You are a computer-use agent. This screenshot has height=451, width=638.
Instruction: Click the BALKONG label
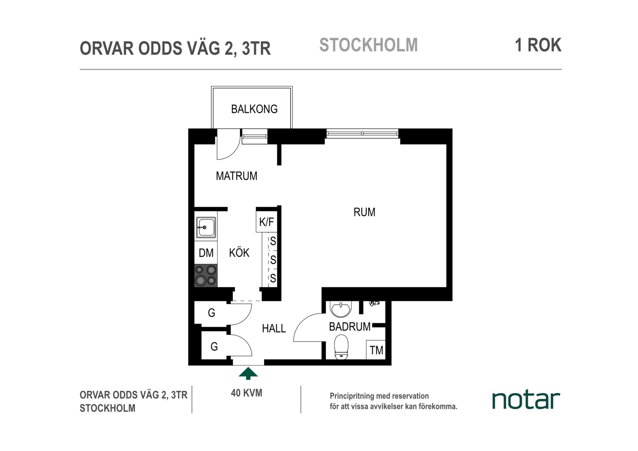(254, 109)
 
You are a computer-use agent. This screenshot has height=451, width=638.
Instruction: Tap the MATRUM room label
(236, 176)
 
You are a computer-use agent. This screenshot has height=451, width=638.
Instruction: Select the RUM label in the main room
(364, 212)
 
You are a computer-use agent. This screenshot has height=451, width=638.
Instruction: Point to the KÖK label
(239, 252)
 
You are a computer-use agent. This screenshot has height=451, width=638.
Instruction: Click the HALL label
(274, 329)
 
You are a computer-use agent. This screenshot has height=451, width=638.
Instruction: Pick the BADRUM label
(349, 327)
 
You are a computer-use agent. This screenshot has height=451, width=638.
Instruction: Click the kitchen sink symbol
(206, 227)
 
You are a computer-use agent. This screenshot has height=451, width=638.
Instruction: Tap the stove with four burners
(206, 276)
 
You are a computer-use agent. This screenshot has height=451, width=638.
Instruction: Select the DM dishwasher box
(206, 253)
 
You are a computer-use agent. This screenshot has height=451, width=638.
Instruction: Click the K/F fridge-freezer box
(266, 222)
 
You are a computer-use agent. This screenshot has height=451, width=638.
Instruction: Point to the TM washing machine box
(376, 350)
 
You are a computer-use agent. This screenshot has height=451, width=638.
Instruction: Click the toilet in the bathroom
(341, 347)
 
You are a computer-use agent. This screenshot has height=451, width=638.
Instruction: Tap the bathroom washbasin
(341, 309)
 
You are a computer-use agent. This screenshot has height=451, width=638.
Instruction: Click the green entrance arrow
(248, 373)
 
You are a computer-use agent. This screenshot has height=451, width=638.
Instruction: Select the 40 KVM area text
(246, 393)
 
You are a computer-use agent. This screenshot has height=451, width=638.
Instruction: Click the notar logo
(526, 400)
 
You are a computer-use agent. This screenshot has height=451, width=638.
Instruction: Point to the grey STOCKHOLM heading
(368, 45)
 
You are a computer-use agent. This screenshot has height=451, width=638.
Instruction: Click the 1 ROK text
(538, 45)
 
